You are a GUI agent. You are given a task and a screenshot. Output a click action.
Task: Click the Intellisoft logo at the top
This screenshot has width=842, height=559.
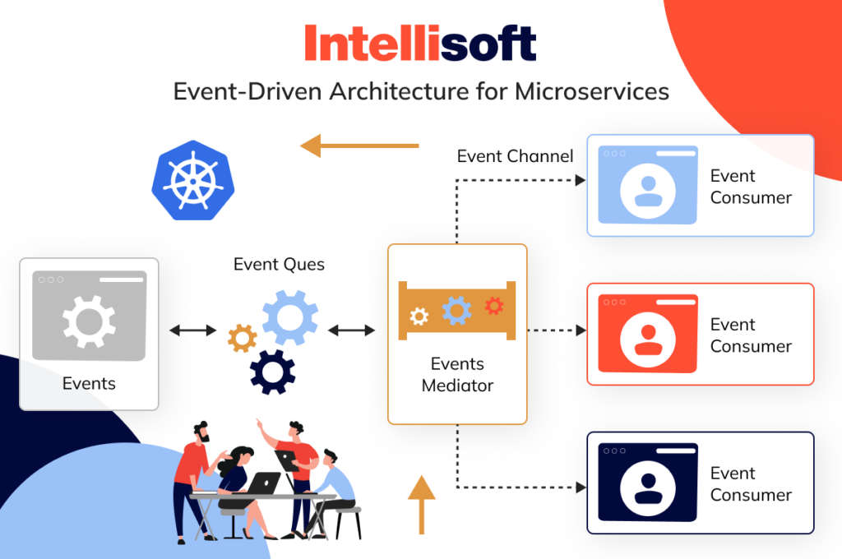click(x=420, y=43)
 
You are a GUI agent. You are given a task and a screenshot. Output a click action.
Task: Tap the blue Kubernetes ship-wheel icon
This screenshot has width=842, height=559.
click(x=193, y=180)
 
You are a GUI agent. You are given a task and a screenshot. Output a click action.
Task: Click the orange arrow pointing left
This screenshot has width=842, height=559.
click(x=359, y=146)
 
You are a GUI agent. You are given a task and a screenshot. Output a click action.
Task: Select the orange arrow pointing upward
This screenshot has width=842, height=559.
click(x=422, y=505)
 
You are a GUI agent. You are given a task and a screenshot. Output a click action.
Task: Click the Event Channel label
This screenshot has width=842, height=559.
click(x=515, y=156)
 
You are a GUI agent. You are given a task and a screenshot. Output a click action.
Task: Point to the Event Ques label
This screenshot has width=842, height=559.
click(x=279, y=264)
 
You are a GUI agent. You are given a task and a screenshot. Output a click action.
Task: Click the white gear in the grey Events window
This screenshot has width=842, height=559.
click(x=89, y=321)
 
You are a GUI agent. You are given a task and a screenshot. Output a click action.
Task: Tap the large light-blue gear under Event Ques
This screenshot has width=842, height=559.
click(x=290, y=317)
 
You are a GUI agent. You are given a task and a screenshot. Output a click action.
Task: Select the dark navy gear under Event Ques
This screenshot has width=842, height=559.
click(x=272, y=372)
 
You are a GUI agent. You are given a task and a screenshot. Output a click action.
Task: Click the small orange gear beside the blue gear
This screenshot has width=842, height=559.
click(x=243, y=339)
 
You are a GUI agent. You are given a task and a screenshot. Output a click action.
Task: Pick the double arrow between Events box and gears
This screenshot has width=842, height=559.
click(x=192, y=330)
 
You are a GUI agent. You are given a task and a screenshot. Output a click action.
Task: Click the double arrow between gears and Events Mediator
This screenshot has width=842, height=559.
click(x=351, y=330)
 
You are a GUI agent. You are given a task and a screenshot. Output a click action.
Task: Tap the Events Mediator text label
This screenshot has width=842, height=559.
click(x=457, y=375)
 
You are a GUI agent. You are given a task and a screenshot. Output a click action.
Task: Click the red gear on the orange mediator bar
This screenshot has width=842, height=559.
click(x=494, y=306)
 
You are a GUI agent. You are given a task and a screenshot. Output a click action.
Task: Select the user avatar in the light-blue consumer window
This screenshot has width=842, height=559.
click(x=648, y=191)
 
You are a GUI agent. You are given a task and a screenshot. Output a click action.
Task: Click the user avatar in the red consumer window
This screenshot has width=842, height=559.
click(x=648, y=340)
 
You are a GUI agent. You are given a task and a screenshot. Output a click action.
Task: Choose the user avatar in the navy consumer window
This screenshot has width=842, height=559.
click(x=648, y=488)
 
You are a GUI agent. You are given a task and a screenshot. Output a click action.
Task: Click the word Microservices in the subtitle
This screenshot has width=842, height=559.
click(x=592, y=91)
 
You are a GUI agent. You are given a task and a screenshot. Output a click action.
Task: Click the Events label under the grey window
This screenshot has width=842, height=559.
click(x=89, y=383)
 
